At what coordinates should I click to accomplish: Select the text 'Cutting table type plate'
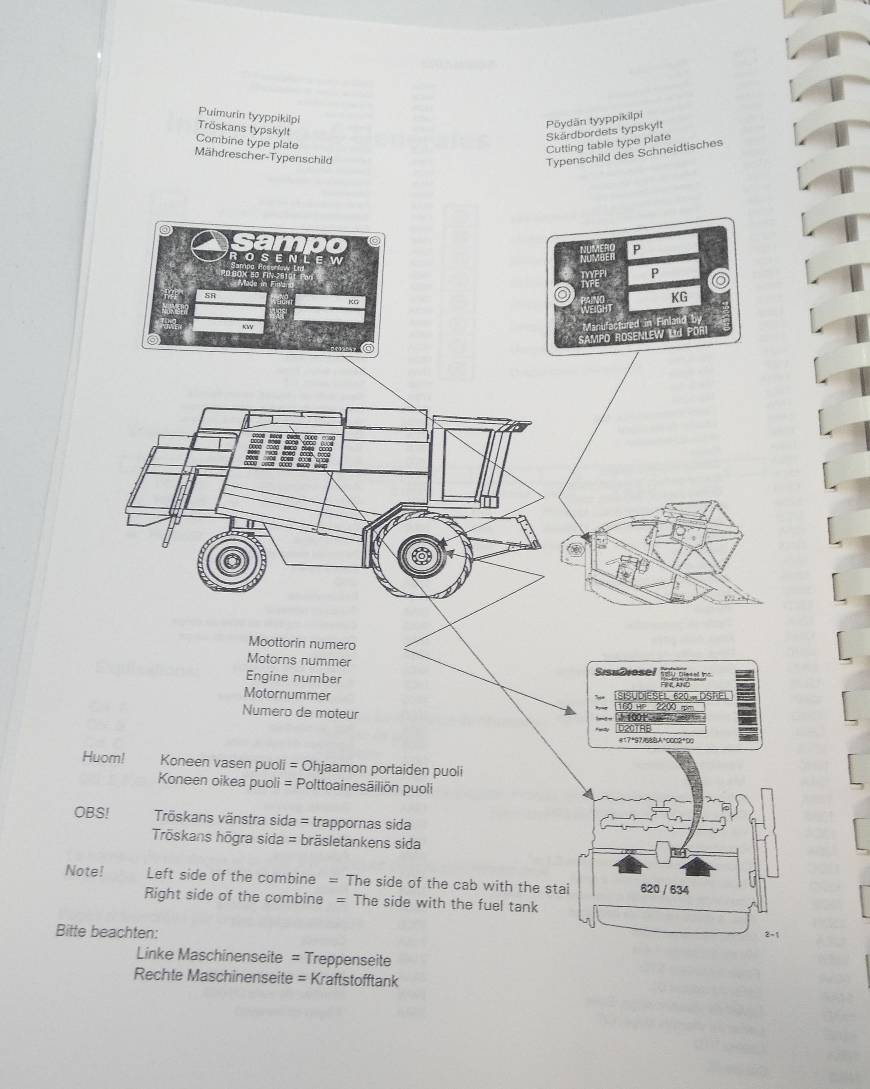(x=608, y=144)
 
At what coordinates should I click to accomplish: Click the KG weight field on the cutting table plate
(x=664, y=298)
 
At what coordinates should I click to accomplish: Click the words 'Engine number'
(x=293, y=677)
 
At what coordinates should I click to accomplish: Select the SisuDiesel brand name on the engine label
(x=624, y=672)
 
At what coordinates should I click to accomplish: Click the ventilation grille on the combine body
(x=288, y=449)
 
